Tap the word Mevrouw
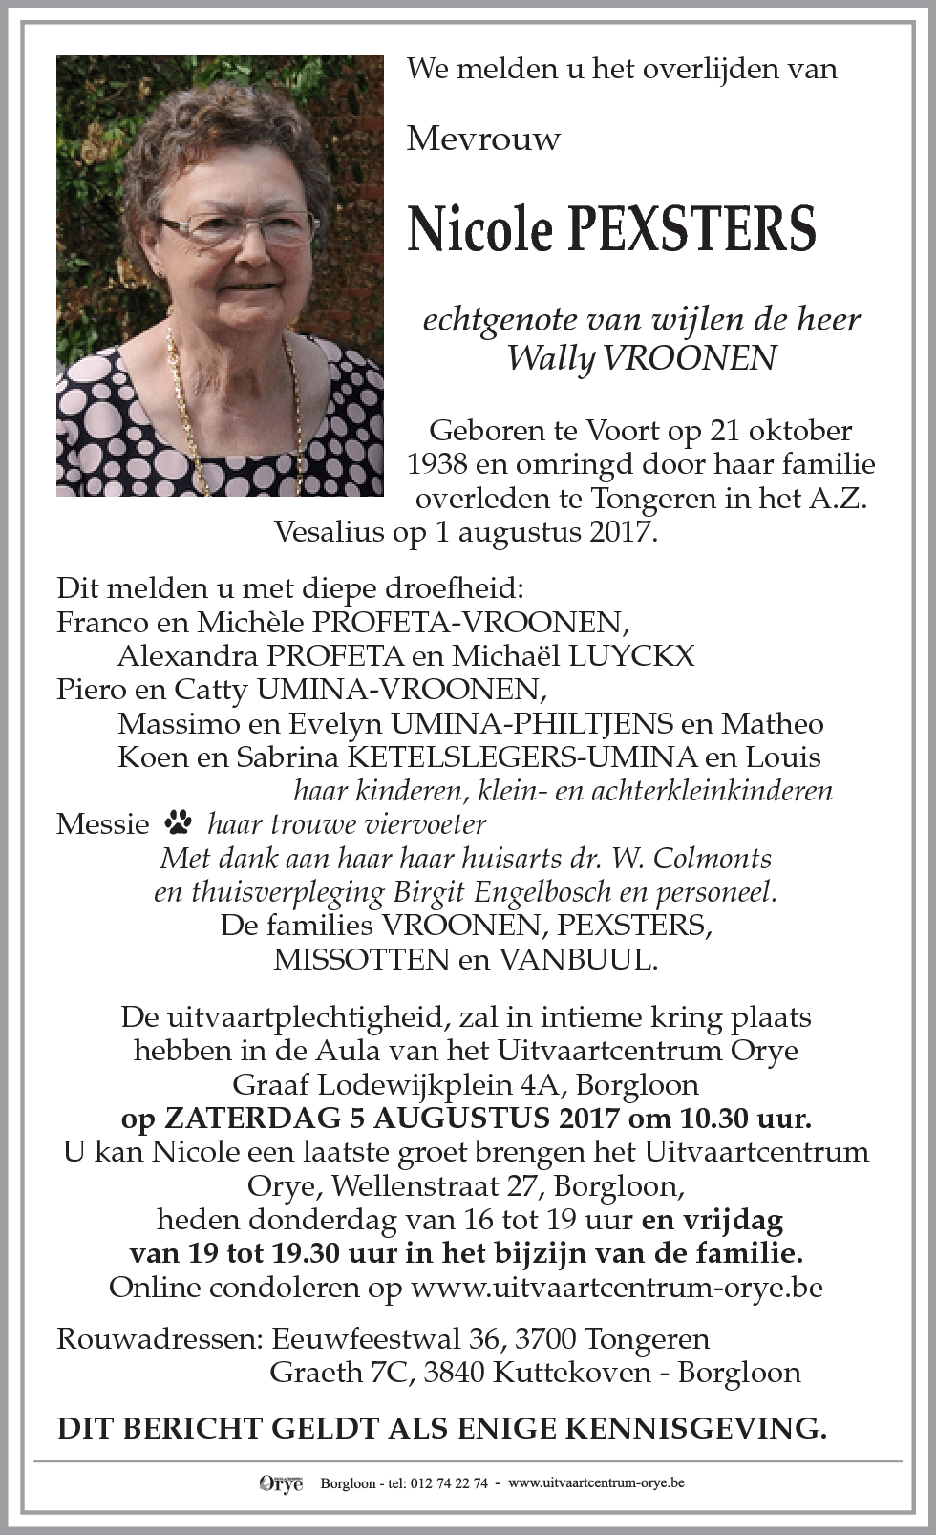coord(483,139)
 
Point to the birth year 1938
coord(438,464)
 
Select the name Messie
coord(103,823)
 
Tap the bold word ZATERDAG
coord(245,1118)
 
